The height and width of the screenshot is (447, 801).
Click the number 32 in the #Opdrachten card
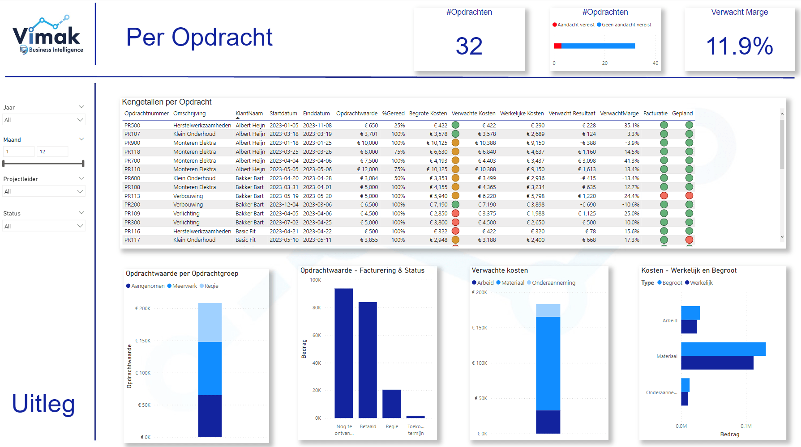tap(469, 46)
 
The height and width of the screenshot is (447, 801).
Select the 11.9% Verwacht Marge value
tap(739, 46)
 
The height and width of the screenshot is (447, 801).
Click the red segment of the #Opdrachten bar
tap(557, 46)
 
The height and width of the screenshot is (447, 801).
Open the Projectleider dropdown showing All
tap(43, 192)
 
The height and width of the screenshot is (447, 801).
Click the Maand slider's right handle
tap(83, 164)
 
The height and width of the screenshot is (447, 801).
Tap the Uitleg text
tap(43, 404)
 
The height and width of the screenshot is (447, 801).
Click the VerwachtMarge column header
tap(619, 114)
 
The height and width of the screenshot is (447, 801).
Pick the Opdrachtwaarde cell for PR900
tap(368, 143)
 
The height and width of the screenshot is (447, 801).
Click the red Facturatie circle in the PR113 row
tap(664, 196)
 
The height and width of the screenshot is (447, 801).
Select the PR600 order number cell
tap(132, 178)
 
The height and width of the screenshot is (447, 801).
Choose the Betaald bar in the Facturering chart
tap(368, 360)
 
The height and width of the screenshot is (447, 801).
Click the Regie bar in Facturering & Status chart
tap(391, 404)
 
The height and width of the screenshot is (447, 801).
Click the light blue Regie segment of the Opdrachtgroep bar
tap(210, 322)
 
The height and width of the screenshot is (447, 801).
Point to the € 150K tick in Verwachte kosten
tap(479, 328)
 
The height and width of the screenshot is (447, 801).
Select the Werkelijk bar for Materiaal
tap(717, 363)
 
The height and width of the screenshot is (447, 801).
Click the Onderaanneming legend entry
tap(553, 283)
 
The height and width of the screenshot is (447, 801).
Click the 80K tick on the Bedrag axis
tap(317, 308)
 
